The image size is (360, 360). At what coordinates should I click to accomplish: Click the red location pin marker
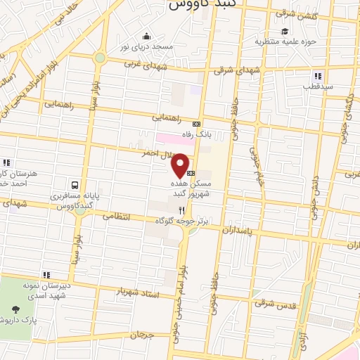pyautogui.click(x=181, y=165)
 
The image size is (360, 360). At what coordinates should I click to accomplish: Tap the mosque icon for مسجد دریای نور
pyautogui.click(x=146, y=37)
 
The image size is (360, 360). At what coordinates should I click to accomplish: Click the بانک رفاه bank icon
pyautogui.click(x=196, y=124)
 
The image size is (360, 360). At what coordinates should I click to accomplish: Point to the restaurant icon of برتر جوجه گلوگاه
pyautogui.click(x=182, y=210)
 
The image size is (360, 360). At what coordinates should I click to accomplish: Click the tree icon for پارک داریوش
pyautogui.click(x=15, y=309)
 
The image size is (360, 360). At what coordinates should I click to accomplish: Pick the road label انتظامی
pyautogui.click(x=117, y=217)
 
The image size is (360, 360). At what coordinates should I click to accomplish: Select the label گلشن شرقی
pyautogui.click(x=293, y=13)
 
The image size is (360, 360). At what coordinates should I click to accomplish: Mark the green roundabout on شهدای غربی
pyautogui.click(x=100, y=58)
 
